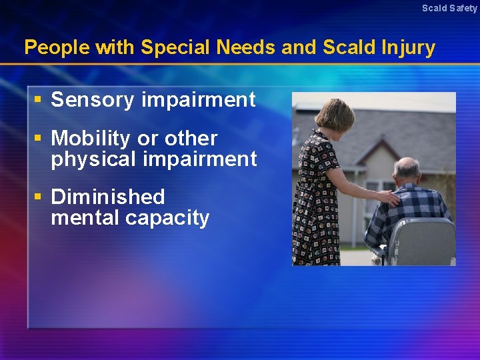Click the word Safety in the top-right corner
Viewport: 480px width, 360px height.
click(x=463, y=8)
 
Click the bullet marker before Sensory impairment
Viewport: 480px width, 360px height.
click(x=39, y=99)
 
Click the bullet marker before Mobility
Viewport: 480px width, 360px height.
click(x=39, y=138)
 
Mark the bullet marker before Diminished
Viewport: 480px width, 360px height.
click(x=39, y=197)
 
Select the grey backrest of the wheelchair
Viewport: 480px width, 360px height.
click(x=423, y=240)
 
